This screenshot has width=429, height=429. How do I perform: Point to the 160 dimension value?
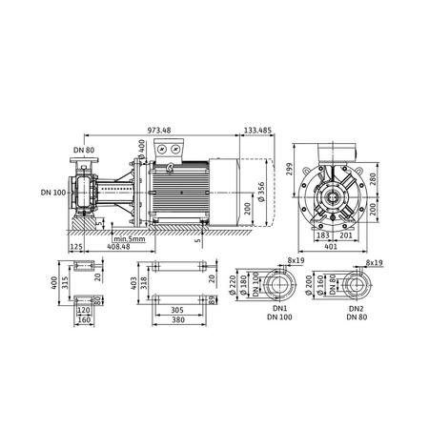pos(83,319)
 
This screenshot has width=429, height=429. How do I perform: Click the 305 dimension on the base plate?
pos(176,310)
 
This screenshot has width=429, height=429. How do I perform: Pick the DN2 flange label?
pos(356,309)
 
